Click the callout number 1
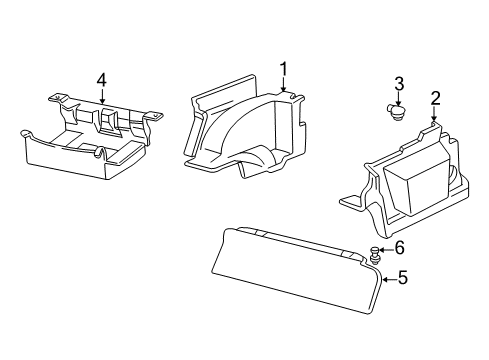click(284, 68)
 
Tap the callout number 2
click(435, 97)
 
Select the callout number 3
click(398, 83)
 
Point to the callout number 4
click(101, 79)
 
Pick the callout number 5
click(402, 279)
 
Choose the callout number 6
click(400, 247)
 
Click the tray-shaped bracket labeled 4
click(85, 145)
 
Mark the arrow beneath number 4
click(101, 96)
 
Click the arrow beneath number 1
click(284, 85)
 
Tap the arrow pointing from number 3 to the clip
click(398, 98)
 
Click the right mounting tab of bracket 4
click(155, 116)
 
